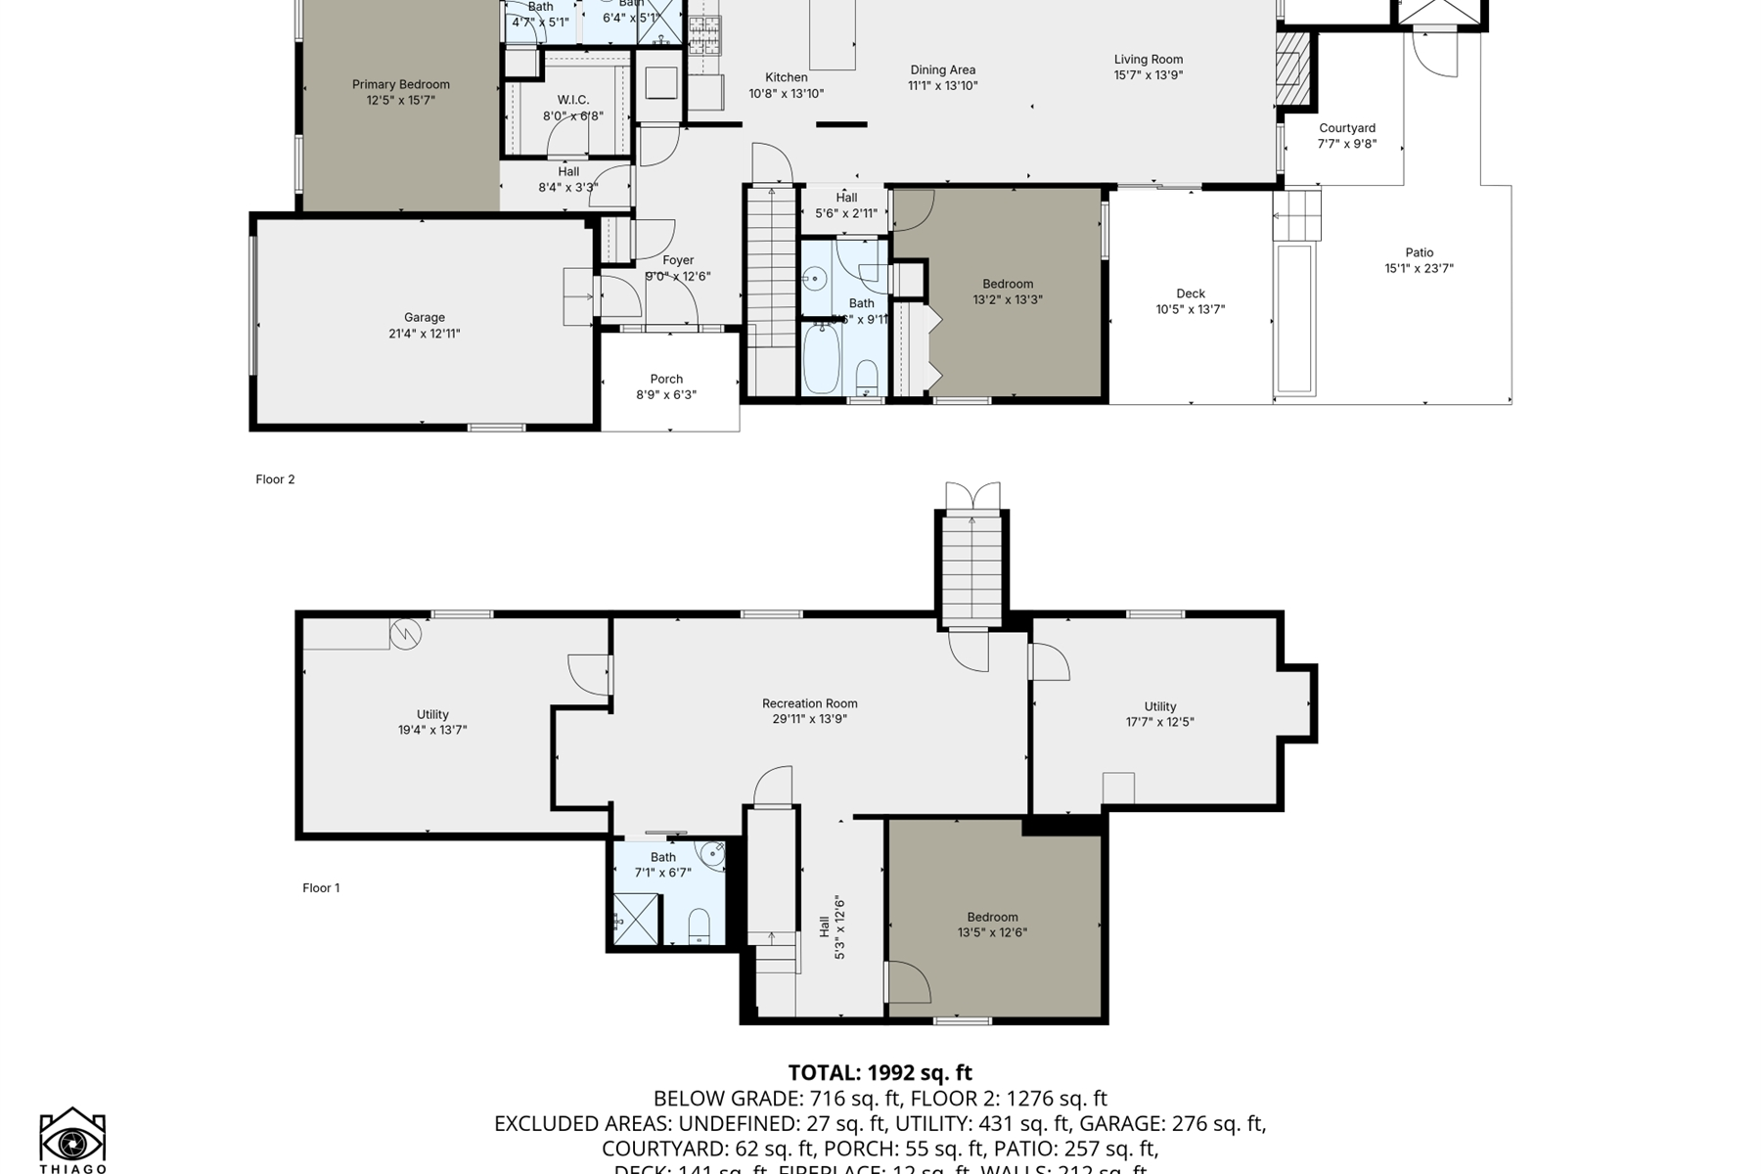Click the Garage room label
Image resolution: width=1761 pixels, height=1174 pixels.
[x=425, y=317]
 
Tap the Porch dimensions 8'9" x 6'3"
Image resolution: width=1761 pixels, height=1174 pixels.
[x=666, y=395]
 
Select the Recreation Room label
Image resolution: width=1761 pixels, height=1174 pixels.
[x=809, y=703]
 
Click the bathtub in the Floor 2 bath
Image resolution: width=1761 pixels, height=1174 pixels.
[x=821, y=359]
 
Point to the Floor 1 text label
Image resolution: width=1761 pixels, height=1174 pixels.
[x=321, y=888]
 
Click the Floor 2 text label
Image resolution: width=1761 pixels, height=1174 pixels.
[x=275, y=479]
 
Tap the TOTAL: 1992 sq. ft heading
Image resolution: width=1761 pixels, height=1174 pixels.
[x=880, y=1073]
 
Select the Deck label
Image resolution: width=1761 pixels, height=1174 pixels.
[x=1191, y=293]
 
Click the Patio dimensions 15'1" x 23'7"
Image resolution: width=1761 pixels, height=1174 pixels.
[x=1419, y=268]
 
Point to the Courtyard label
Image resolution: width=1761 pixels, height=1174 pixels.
[x=1346, y=128]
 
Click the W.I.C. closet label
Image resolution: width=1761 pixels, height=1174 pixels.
[x=572, y=100]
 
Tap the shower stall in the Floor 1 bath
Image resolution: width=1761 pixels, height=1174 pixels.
[x=635, y=921]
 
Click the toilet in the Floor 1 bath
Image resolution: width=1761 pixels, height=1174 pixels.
[x=699, y=926]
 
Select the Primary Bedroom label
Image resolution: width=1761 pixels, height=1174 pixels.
[x=401, y=85]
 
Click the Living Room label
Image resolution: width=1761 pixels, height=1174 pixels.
[x=1148, y=60]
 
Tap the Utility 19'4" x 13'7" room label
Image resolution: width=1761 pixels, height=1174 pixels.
[x=432, y=714]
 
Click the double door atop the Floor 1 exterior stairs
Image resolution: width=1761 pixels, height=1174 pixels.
[x=972, y=496]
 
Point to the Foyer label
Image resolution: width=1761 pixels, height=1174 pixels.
[x=678, y=260]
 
